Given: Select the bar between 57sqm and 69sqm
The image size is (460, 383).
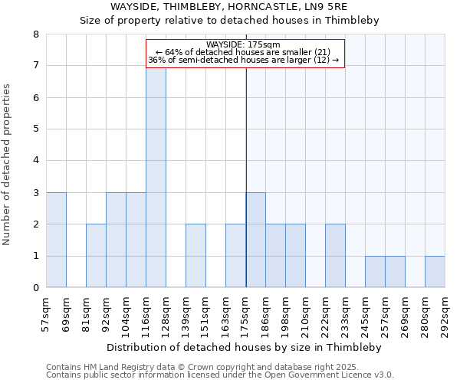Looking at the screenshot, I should [x=56, y=240].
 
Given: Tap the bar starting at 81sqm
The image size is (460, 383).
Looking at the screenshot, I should [x=96, y=256].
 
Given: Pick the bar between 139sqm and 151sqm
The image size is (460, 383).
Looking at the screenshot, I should [x=195, y=256].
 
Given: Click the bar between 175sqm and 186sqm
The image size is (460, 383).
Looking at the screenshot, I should [x=255, y=240].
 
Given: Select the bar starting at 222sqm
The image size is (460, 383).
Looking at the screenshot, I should [x=335, y=256].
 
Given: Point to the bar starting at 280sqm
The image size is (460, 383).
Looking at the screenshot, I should [x=435, y=272].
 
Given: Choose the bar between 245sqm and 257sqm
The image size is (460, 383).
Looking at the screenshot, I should [x=375, y=272].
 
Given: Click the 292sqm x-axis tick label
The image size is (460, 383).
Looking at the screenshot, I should [x=445, y=314].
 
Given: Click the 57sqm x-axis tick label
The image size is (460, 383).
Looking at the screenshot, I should [x=47, y=314].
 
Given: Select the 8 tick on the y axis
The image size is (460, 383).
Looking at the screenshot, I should [x=35, y=34].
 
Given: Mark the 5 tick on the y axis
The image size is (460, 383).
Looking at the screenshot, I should [x=35, y=129].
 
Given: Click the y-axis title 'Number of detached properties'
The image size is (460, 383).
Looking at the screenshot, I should [x=8, y=165].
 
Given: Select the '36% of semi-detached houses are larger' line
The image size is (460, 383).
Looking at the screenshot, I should [x=243, y=60].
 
